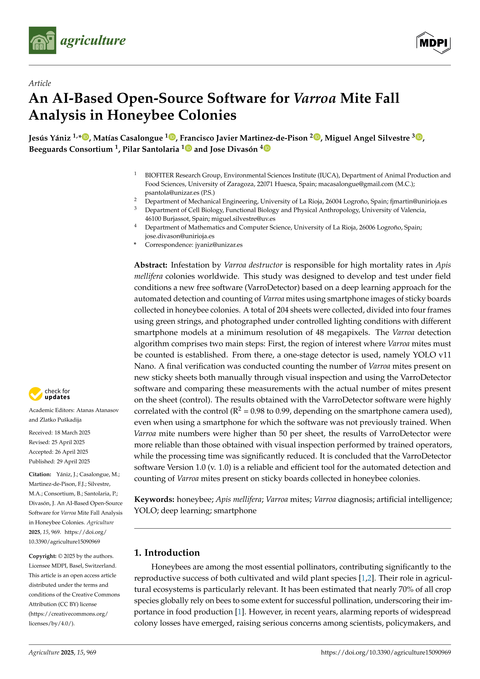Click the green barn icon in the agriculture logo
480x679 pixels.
[x=42, y=40]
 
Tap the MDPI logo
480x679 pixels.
[x=433, y=43]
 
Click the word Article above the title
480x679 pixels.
[x=40, y=83]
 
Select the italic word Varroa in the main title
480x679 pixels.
[x=315, y=99]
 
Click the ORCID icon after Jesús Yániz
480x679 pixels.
[x=86, y=137]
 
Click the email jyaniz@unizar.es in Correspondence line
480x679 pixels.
[x=219, y=245]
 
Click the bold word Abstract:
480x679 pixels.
[x=151, y=265]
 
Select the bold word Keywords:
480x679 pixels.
[x=154, y=500]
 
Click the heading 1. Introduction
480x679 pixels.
[x=167, y=553]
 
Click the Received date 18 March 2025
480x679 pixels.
[x=72, y=433]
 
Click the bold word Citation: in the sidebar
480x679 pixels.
[x=40, y=474]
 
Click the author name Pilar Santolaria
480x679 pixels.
[x=151, y=149]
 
